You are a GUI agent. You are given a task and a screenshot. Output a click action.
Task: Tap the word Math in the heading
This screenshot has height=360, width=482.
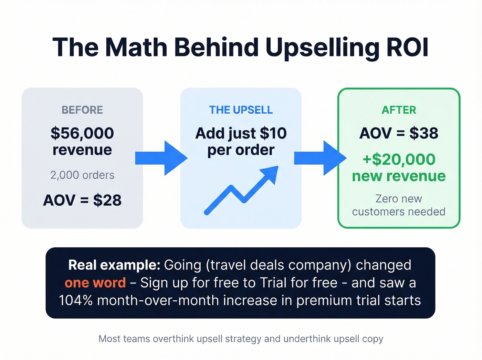136,47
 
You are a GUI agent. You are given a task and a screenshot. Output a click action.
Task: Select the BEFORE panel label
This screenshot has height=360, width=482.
82,110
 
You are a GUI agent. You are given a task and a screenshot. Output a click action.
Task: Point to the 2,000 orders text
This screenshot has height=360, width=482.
82,175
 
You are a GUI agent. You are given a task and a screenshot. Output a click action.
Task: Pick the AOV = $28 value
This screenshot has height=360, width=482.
82,200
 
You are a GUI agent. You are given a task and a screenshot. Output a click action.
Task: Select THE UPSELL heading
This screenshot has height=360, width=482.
241,110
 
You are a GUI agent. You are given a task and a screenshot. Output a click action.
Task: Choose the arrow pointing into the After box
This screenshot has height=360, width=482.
320,158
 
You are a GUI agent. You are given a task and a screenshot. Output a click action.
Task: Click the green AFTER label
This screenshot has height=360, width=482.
399,110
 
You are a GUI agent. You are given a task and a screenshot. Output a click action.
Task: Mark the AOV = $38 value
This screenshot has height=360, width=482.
399,133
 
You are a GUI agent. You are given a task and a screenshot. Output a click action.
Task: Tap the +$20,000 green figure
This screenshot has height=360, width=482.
399,160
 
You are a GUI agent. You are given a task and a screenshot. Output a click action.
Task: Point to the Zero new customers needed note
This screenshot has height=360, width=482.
399,205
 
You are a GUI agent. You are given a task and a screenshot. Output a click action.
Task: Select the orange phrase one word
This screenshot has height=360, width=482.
95,283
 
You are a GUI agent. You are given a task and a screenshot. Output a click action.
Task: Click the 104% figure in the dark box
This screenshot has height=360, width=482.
76,300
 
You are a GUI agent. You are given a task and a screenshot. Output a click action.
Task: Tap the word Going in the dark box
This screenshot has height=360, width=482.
182,265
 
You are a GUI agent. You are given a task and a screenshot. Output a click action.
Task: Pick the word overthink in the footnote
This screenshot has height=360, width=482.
174,339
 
